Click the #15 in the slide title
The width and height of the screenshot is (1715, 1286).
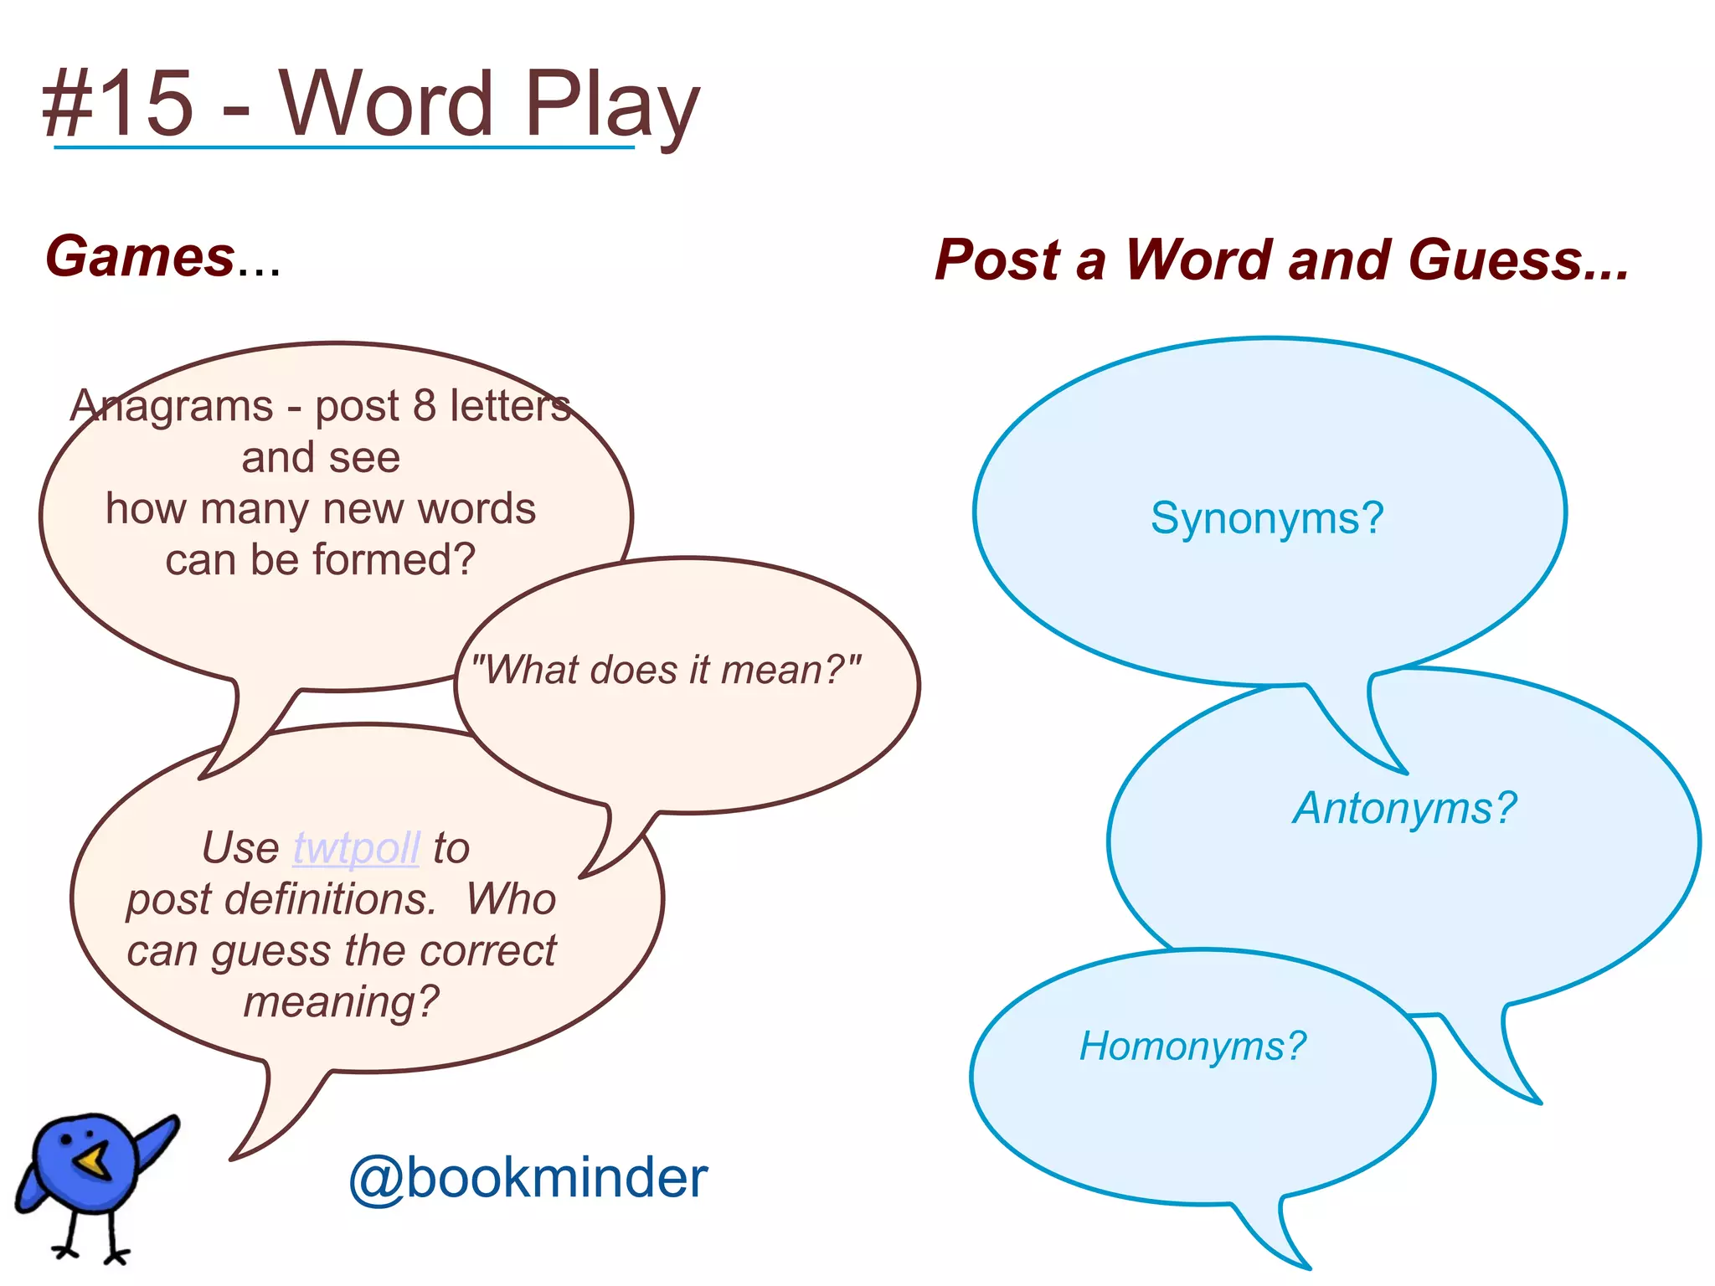click(x=118, y=104)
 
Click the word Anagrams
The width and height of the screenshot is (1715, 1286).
click(x=172, y=406)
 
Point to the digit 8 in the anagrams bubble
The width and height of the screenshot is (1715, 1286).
click(x=424, y=406)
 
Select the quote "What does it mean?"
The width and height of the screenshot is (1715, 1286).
click(x=666, y=670)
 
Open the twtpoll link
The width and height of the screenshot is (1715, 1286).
click(x=356, y=848)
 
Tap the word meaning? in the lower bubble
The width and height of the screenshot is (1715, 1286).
click(x=342, y=1002)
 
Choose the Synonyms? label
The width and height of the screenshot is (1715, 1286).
click(x=1267, y=518)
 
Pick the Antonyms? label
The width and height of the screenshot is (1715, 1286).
click(x=1405, y=809)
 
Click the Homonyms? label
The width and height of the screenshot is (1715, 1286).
click(x=1192, y=1047)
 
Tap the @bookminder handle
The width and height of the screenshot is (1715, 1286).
click(x=528, y=1178)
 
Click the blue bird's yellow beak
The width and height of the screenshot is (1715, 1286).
click(x=91, y=1162)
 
